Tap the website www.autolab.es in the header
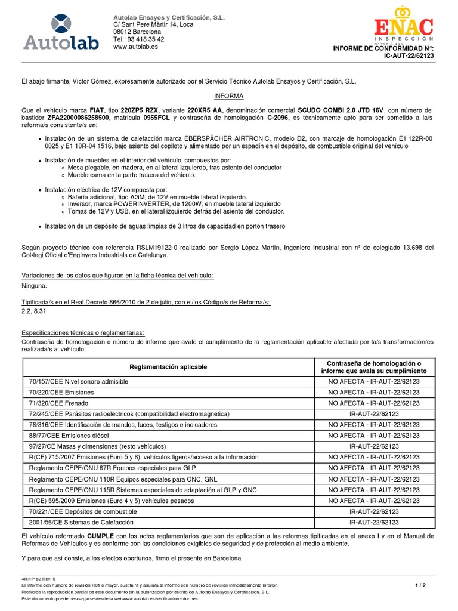[x=135, y=47]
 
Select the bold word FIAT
[x=98, y=110]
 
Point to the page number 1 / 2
[x=420, y=585]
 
